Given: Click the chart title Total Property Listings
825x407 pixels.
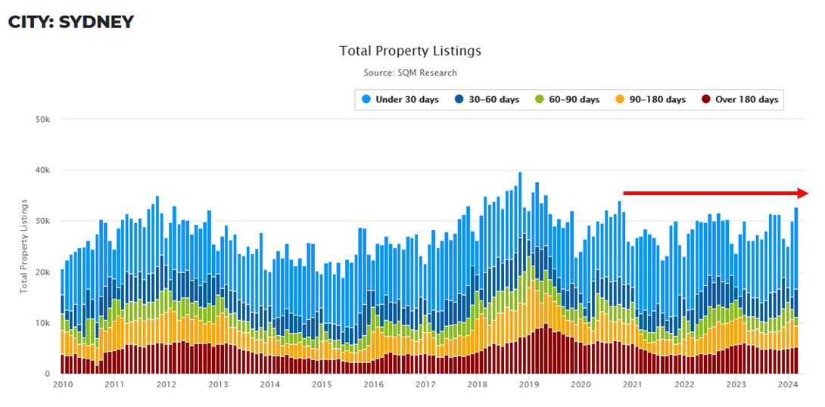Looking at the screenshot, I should pyautogui.click(x=410, y=51).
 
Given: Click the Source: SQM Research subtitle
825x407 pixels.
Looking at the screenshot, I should pyautogui.click(x=410, y=73).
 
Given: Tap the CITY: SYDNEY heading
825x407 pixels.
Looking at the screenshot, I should pyautogui.click(x=71, y=22).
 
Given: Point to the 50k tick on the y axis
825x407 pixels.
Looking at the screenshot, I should pyautogui.click(x=42, y=120).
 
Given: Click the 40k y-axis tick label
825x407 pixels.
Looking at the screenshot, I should pyautogui.click(x=42, y=170).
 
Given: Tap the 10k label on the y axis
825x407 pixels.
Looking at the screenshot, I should pyautogui.click(x=42, y=323).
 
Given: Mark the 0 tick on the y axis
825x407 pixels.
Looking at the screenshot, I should pyautogui.click(x=47, y=374).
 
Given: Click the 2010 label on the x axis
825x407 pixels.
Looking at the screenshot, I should pyautogui.click(x=62, y=385).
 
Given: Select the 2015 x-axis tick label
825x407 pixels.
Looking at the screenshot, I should pyautogui.click(x=322, y=385).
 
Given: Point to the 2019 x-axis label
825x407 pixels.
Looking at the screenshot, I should pyautogui.click(x=529, y=385).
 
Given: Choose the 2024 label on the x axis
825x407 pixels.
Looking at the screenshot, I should pyautogui.click(x=788, y=385).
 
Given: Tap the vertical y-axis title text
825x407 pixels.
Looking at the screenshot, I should pyautogui.click(x=24, y=247).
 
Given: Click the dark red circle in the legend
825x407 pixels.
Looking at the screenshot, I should pyautogui.click(x=706, y=100).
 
